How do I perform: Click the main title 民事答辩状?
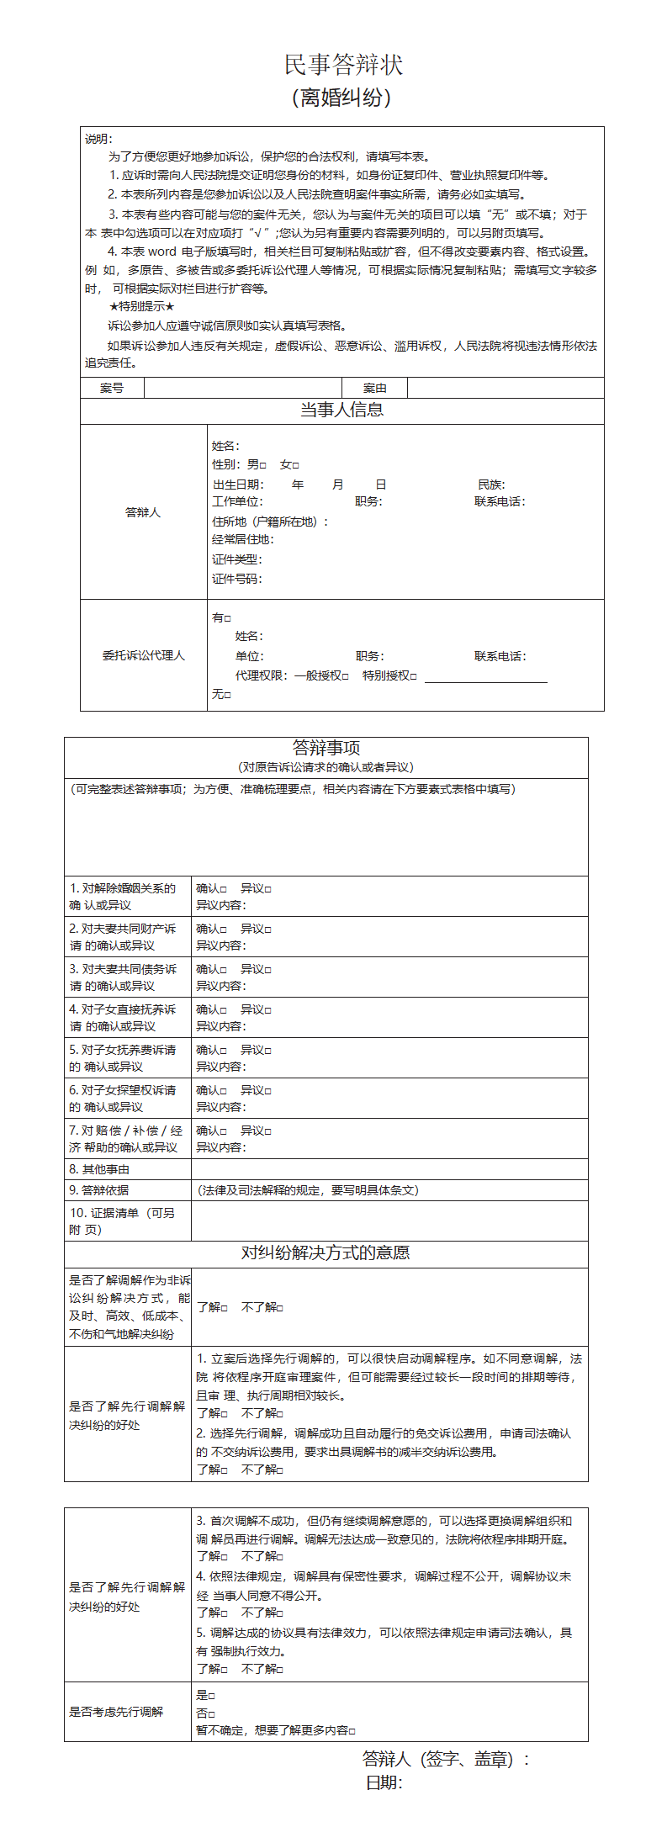click(343, 65)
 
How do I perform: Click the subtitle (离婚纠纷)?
click(341, 98)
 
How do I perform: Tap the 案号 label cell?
click(112, 388)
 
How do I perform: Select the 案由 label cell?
click(374, 388)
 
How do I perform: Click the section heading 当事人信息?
click(341, 410)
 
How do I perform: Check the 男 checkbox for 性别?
click(263, 465)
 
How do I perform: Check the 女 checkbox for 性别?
click(296, 465)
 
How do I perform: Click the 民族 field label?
click(490, 485)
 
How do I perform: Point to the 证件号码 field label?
click(236, 579)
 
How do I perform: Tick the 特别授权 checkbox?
click(413, 676)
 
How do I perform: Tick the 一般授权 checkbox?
click(345, 676)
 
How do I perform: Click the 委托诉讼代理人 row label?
click(143, 655)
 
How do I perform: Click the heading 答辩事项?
click(326, 748)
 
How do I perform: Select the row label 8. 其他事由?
click(99, 1169)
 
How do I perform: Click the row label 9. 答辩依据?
click(99, 1190)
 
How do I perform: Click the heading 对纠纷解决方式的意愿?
click(326, 1253)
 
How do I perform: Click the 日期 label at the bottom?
click(384, 1783)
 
